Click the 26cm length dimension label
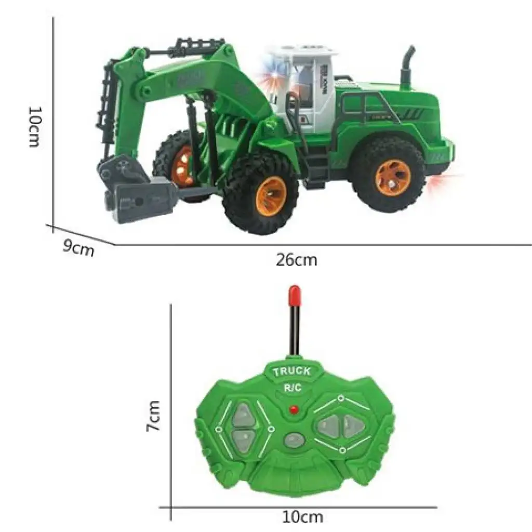[x=296, y=260]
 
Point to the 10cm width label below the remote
[x=302, y=517]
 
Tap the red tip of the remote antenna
[x=295, y=295]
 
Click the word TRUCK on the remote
[x=292, y=370]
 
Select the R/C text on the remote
[x=292, y=387]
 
